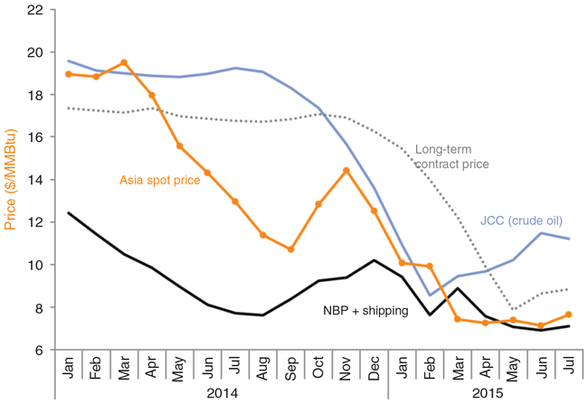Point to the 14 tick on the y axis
click(x=38, y=180)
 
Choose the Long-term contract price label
click(x=452, y=156)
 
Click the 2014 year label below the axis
click(x=221, y=394)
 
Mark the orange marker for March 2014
click(x=124, y=62)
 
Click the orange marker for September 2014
click(x=290, y=249)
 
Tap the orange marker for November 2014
click(x=346, y=170)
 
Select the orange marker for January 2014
click(x=69, y=74)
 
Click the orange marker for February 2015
click(x=429, y=266)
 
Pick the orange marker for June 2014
click(x=207, y=173)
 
